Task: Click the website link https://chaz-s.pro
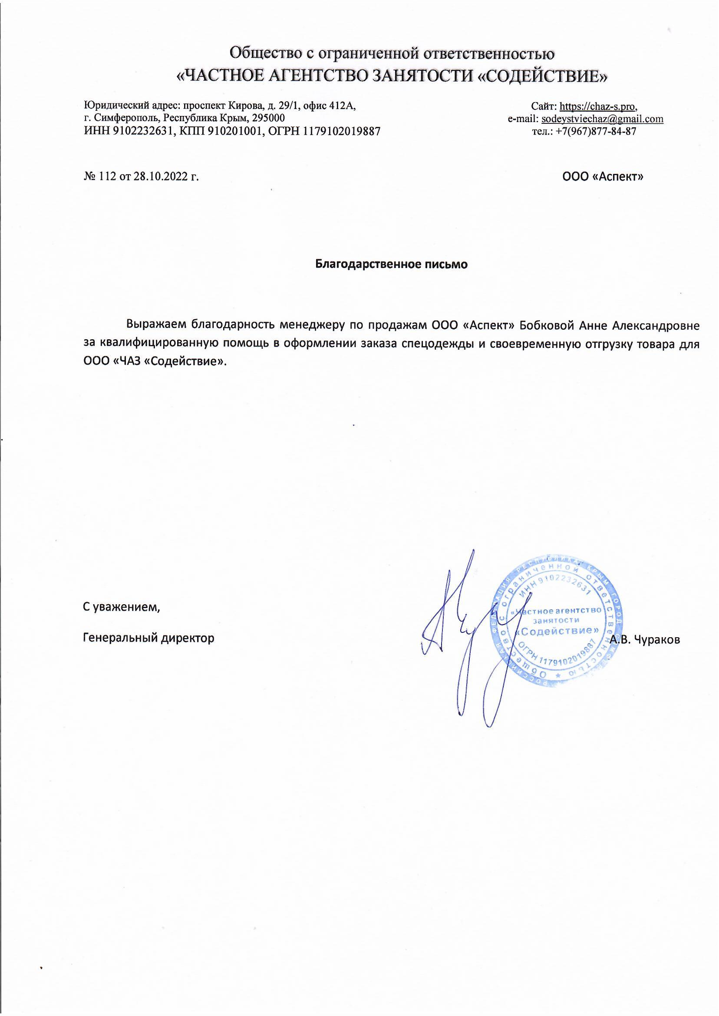coord(598,106)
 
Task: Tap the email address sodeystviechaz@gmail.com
coord(602,119)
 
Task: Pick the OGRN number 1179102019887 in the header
coord(341,132)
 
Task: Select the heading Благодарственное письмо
coord(391,265)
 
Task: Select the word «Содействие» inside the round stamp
coord(559,630)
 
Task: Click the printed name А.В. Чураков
coord(645,639)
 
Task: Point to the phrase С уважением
coord(121,607)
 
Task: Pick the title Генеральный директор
coord(149,638)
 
